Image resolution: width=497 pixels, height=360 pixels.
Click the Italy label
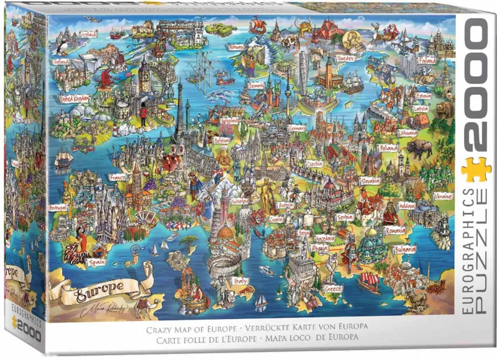240,281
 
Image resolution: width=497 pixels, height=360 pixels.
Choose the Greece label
332,289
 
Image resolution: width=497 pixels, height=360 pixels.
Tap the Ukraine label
442,196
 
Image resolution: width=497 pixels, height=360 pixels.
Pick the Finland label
426,61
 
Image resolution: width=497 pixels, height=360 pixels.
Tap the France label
117,177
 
